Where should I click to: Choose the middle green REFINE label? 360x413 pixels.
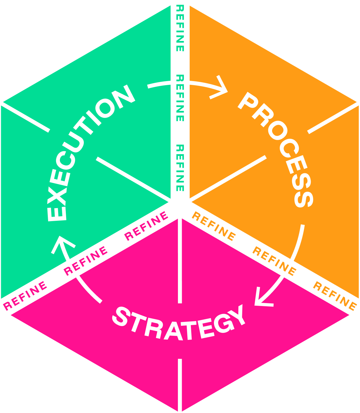(180, 98)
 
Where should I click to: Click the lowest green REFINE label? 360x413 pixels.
(180, 168)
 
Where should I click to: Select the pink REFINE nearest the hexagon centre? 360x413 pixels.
(146, 226)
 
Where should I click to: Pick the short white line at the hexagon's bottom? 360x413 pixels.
(180, 385)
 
